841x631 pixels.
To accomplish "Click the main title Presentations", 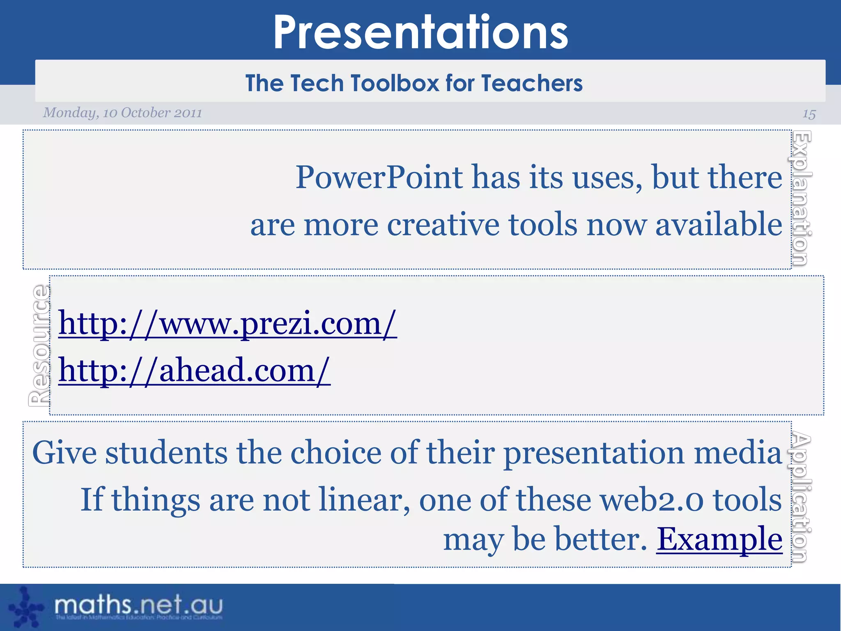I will click(x=420, y=33).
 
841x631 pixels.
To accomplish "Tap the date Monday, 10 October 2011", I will click(x=122, y=113).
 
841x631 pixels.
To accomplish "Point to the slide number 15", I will click(x=809, y=114).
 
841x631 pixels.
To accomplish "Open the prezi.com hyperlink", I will click(x=227, y=324).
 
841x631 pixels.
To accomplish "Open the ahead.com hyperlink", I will click(x=194, y=370).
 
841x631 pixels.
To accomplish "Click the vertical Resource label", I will click(x=39, y=345).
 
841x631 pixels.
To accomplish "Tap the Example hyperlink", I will click(x=719, y=539).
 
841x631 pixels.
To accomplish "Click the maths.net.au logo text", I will click(x=138, y=605).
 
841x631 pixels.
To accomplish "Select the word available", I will click(x=719, y=225).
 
